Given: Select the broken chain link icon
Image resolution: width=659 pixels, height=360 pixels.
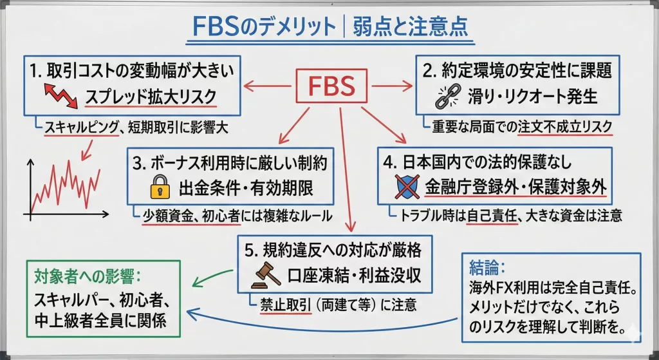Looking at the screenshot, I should coord(447,96).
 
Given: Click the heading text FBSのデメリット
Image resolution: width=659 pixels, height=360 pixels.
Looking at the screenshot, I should coord(264,28).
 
